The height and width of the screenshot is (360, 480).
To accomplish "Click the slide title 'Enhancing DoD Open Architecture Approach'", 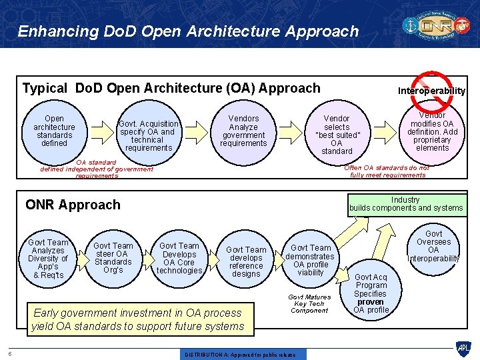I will (x=188, y=31).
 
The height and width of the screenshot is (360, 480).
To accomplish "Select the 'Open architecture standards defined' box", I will (x=54, y=131).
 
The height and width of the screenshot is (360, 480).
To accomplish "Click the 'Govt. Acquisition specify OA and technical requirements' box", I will (x=148, y=135).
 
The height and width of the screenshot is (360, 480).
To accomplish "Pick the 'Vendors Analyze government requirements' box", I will (x=243, y=131).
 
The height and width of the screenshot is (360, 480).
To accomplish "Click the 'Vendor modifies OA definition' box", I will (x=432, y=131).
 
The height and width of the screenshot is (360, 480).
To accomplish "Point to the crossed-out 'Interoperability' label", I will (x=431, y=91).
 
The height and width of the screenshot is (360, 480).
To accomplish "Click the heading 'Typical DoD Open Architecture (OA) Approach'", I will (x=171, y=88).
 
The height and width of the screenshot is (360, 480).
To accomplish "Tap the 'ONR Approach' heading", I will (x=73, y=205).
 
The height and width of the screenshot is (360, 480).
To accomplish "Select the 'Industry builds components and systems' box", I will (x=405, y=204).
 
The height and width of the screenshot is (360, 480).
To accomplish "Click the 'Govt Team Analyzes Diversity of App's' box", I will (x=48, y=259).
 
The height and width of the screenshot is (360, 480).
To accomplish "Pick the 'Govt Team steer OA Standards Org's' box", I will (x=113, y=258).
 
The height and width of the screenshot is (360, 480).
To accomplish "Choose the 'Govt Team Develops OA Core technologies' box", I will (x=179, y=258).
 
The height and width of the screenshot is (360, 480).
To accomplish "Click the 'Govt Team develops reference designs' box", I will (x=246, y=261).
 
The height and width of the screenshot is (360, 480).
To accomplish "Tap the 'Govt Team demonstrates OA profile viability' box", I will (x=311, y=260).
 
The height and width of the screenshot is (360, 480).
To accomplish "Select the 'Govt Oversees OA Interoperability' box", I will (x=433, y=246).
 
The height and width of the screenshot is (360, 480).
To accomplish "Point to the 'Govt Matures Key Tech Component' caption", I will (x=309, y=303).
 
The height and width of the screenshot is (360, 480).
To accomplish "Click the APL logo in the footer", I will (x=463, y=347).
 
